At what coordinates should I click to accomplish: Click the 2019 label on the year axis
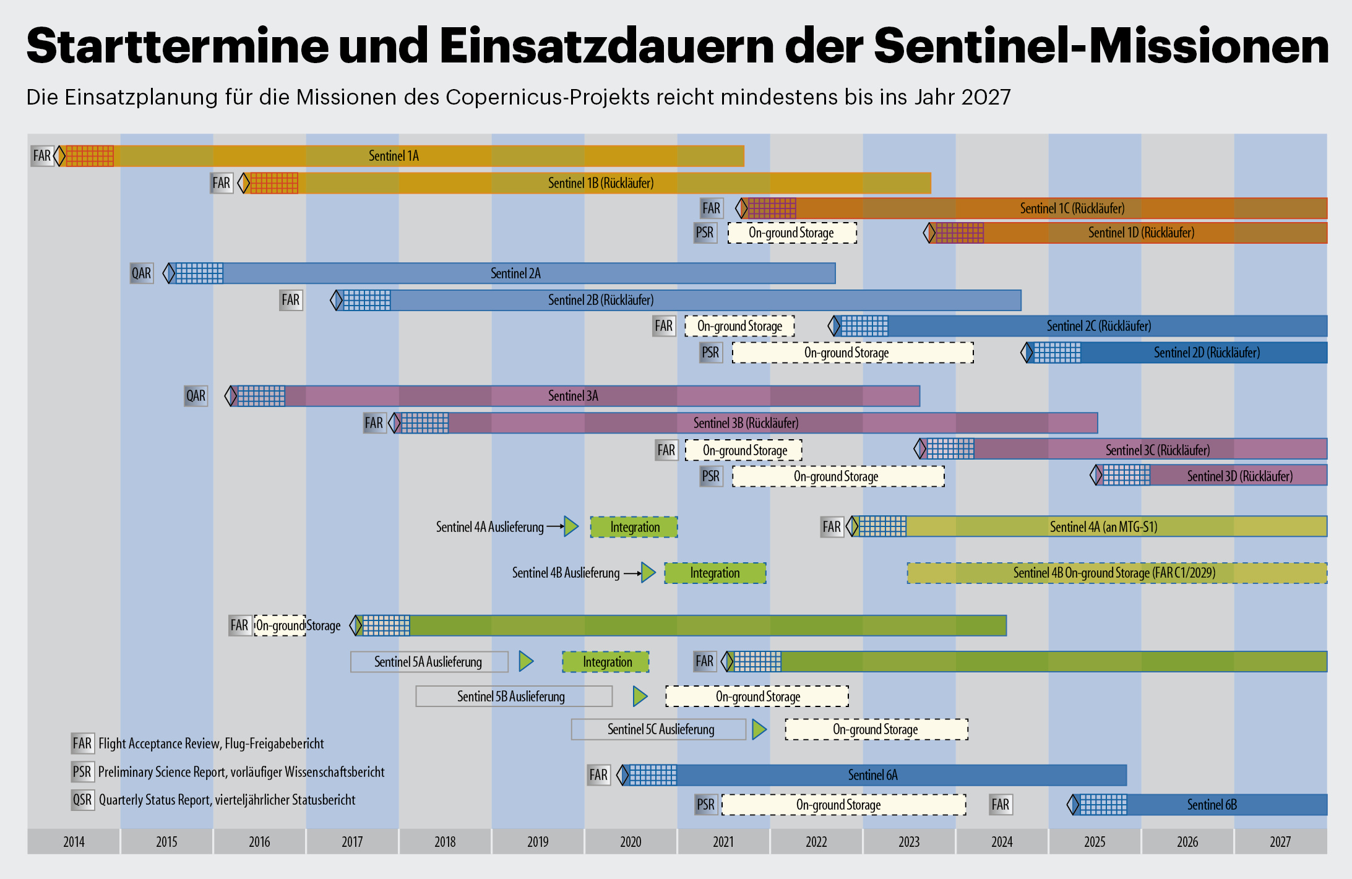point(538,841)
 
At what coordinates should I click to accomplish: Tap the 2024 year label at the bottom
point(1002,841)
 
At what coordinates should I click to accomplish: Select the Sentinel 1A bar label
point(394,156)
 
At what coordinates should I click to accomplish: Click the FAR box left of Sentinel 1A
point(42,156)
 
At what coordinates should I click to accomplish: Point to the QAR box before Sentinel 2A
point(141,273)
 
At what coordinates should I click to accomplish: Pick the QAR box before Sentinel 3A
point(196,396)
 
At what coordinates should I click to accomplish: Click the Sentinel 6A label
point(872,775)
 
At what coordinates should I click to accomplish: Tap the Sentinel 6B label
point(1212,805)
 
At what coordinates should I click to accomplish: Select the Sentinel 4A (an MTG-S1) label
point(1103,527)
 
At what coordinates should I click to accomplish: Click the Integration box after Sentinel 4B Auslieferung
point(715,573)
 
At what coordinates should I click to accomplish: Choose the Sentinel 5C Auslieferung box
point(660,729)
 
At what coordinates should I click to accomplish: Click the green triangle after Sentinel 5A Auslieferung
point(526,661)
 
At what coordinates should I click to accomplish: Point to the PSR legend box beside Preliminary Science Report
point(82,772)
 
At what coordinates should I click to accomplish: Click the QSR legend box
point(82,800)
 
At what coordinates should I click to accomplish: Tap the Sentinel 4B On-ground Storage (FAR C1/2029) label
point(1114,573)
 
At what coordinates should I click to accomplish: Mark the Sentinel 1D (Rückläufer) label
point(1141,233)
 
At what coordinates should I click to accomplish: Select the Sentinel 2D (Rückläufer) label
point(1207,353)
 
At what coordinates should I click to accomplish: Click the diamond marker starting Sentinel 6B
point(1073,805)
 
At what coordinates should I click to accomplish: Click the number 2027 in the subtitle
point(986,97)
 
